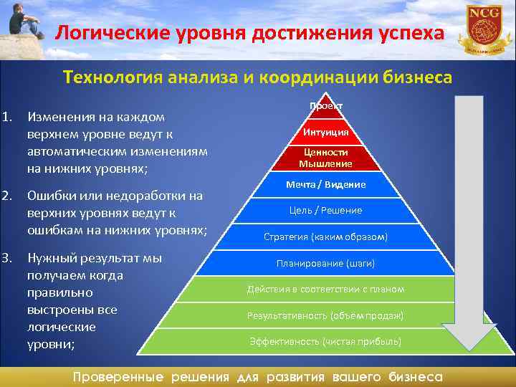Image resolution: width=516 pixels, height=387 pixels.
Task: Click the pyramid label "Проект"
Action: tap(326, 106)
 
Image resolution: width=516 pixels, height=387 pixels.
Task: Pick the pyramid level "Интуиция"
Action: tap(326, 132)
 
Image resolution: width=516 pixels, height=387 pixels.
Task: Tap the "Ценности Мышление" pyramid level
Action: tap(326, 158)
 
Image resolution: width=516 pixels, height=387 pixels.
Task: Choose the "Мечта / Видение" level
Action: tap(326, 184)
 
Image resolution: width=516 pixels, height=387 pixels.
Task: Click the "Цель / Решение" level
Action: tap(326, 210)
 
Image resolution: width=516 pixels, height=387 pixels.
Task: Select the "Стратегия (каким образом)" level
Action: tap(326, 236)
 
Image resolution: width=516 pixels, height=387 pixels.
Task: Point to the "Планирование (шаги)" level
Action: tap(326, 263)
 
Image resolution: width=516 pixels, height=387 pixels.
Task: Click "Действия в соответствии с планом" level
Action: tap(326, 289)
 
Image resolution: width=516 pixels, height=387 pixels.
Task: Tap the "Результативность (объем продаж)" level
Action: tap(326, 315)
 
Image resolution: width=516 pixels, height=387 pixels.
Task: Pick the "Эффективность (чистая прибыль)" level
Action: tap(326, 341)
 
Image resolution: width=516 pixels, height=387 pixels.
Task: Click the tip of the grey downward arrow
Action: tap(469, 349)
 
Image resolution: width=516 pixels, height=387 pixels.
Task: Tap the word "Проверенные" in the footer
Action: tap(119, 377)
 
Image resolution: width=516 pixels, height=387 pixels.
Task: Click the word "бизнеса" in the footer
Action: tap(416, 377)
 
